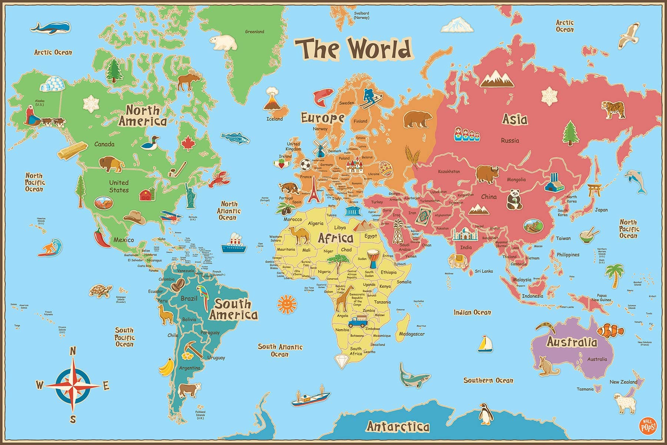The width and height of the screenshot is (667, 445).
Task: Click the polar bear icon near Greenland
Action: pos(223,42)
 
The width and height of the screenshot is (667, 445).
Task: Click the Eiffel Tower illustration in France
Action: pos(314,189)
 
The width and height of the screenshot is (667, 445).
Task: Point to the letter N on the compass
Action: pos(73,351)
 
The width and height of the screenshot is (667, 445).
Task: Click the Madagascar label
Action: pos(412,334)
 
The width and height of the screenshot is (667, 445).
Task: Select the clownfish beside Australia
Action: pos(610,330)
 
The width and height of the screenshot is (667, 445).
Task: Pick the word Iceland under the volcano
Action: pos(275,119)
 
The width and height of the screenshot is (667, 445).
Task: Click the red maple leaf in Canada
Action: pos(188,143)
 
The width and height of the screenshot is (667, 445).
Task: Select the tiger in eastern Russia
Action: pos(613,110)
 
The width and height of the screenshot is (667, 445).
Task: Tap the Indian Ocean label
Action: pos(472,313)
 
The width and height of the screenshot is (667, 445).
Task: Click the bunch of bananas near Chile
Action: pos(167,367)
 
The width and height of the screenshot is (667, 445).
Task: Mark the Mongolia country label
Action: pos(516,179)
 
